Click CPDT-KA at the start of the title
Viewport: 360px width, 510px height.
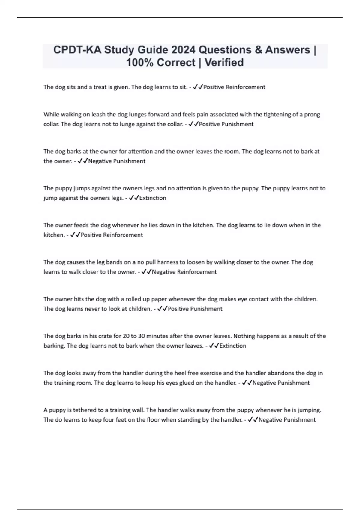tap(77, 50)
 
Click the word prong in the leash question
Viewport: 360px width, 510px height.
tap(312, 114)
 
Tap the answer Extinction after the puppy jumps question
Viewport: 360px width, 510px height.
tap(153, 198)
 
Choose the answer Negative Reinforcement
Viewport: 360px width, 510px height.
tap(184, 272)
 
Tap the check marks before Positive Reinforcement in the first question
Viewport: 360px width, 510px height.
tap(198, 87)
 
